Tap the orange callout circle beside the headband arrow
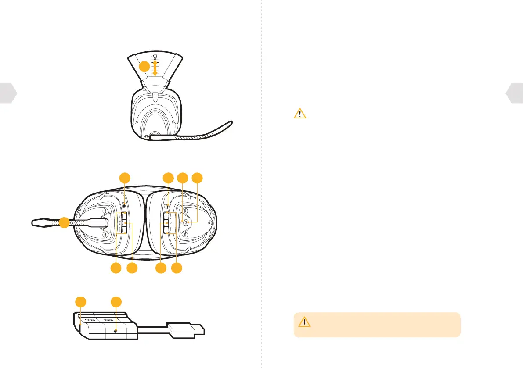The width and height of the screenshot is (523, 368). (x=144, y=67)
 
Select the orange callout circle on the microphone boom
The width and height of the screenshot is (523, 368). (x=64, y=222)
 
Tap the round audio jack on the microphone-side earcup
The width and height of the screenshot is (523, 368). (x=125, y=204)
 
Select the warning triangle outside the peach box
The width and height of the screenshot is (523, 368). (x=300, y=114)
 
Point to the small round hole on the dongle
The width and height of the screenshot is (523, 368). (x=115, y=332)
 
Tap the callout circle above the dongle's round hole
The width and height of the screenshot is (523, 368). (x=116, y=302)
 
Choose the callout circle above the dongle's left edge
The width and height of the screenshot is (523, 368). (x=80, y=302)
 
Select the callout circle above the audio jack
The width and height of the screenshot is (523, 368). (x=125, y=178)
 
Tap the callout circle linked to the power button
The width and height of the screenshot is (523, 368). (x=198, y=178)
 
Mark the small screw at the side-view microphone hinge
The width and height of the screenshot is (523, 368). (x=148, y=137)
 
